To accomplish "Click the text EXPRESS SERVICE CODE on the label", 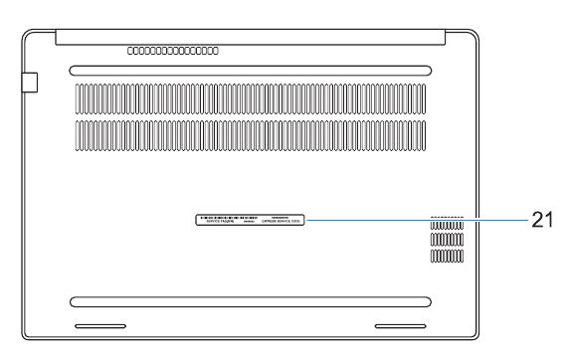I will pos(281,224).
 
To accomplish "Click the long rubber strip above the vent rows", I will pos(251,71).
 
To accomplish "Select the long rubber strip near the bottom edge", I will pos(251,300).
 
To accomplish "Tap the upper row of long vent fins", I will pos(251,99).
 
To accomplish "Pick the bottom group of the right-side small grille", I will pos(447,257).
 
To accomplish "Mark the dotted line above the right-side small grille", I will pos(447,215).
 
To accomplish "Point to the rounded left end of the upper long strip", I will pos(76,71).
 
